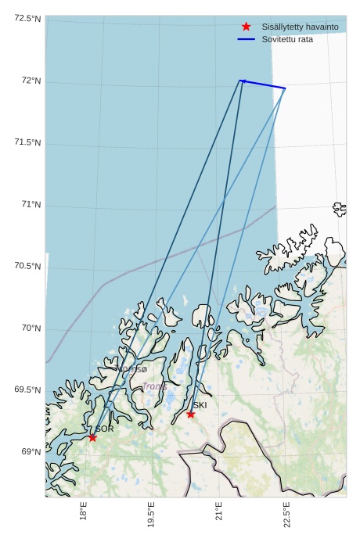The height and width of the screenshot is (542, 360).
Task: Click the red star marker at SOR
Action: pyautogui.click(x=92, y=437)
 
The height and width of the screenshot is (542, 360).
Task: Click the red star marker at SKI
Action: pyautogui.click(x=190, y=414)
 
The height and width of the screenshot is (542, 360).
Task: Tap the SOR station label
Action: pyautogui.click(x=105, y=429)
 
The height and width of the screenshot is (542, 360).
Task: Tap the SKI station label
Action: pyautogui.click(x=200, y=405)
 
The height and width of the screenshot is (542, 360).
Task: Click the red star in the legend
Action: pyautogui.click(x=247, y=27)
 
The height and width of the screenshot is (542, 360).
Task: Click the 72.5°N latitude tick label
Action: pyautogui.click(x=27, y=18)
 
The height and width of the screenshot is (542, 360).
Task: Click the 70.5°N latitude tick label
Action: pyautogui.click(x=27, y=266)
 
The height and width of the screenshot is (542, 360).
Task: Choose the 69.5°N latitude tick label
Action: pyautogui.click(x=27, y=389)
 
